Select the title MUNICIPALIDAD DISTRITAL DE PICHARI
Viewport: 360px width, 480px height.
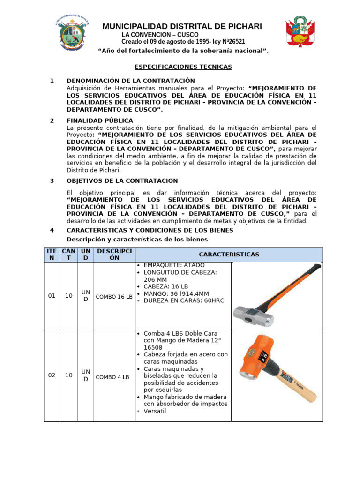(182, 26)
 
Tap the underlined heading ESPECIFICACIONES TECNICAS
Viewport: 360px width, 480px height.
(180, 67)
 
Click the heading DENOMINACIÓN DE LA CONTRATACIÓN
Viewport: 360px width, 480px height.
(131, 81)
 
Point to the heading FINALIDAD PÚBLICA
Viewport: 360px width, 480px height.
(100, 120)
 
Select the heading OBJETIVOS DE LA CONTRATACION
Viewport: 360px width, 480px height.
(122, 180)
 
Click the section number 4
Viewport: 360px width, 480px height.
(52, 230)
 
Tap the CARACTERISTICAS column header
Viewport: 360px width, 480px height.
(229, 254)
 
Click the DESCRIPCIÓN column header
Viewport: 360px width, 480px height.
(114, 254)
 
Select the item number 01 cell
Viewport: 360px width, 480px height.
(52, 296)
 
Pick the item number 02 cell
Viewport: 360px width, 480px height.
(52, 375)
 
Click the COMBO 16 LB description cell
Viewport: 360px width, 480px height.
(114, 297)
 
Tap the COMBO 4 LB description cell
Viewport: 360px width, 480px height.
(113, 377)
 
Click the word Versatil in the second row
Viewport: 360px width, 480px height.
(155, 411)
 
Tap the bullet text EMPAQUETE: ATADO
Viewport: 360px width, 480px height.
(171, 265)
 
